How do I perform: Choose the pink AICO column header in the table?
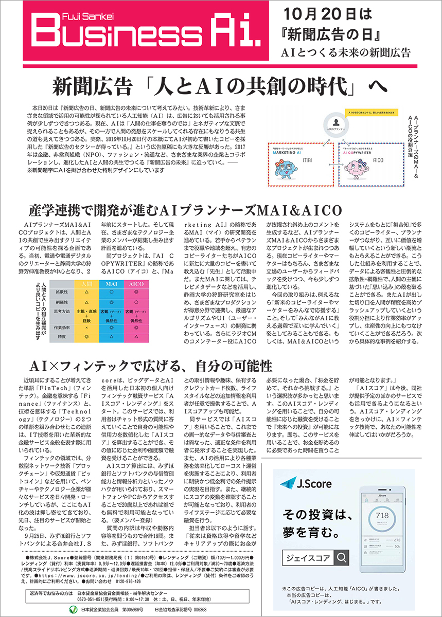[x=136, y=283]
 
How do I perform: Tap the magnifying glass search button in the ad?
[x=341, y=557]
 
